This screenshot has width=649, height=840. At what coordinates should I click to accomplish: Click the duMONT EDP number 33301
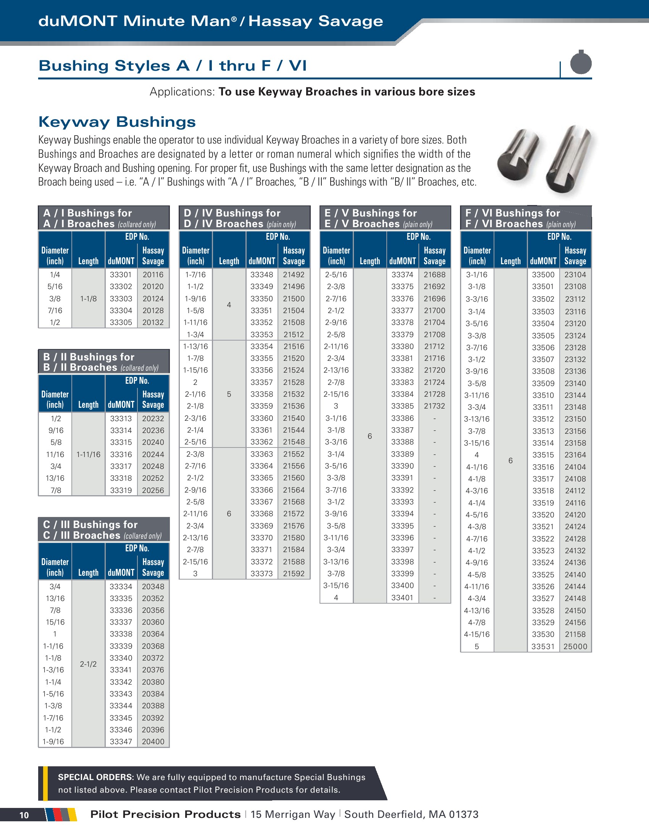tap(121, 275)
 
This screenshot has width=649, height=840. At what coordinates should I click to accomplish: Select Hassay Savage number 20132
tap(153, 322)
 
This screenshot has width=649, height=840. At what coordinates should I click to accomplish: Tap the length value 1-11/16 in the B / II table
tap(89, 454)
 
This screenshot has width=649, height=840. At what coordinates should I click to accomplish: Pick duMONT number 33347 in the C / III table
tap(121, 741)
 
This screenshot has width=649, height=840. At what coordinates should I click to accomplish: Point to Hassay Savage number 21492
tap(294, 275)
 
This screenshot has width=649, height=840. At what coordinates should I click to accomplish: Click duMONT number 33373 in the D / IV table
tap(262, 573)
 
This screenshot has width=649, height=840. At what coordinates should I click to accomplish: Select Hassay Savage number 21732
tap(434, 406)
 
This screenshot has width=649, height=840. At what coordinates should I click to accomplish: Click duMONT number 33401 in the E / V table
tap(402, 597)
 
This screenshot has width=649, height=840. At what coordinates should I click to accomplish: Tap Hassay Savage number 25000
tap(575, 646)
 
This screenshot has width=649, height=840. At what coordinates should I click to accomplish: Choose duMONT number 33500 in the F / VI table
tap(543, 275)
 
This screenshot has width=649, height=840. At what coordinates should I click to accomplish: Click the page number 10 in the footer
tap(24, 815)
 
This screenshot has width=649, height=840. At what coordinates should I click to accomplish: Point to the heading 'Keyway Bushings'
tap(117, 122)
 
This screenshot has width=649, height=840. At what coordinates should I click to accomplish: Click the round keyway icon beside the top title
tap(581, 63)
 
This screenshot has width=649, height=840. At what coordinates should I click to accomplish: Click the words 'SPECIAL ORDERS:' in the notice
tap(96, 777)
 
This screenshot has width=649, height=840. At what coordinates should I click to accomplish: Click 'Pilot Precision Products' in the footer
tap(165, 814)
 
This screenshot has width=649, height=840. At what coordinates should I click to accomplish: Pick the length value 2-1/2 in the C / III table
tap(89, 664)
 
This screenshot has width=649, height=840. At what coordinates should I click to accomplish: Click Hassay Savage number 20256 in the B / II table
tap(153, 490)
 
